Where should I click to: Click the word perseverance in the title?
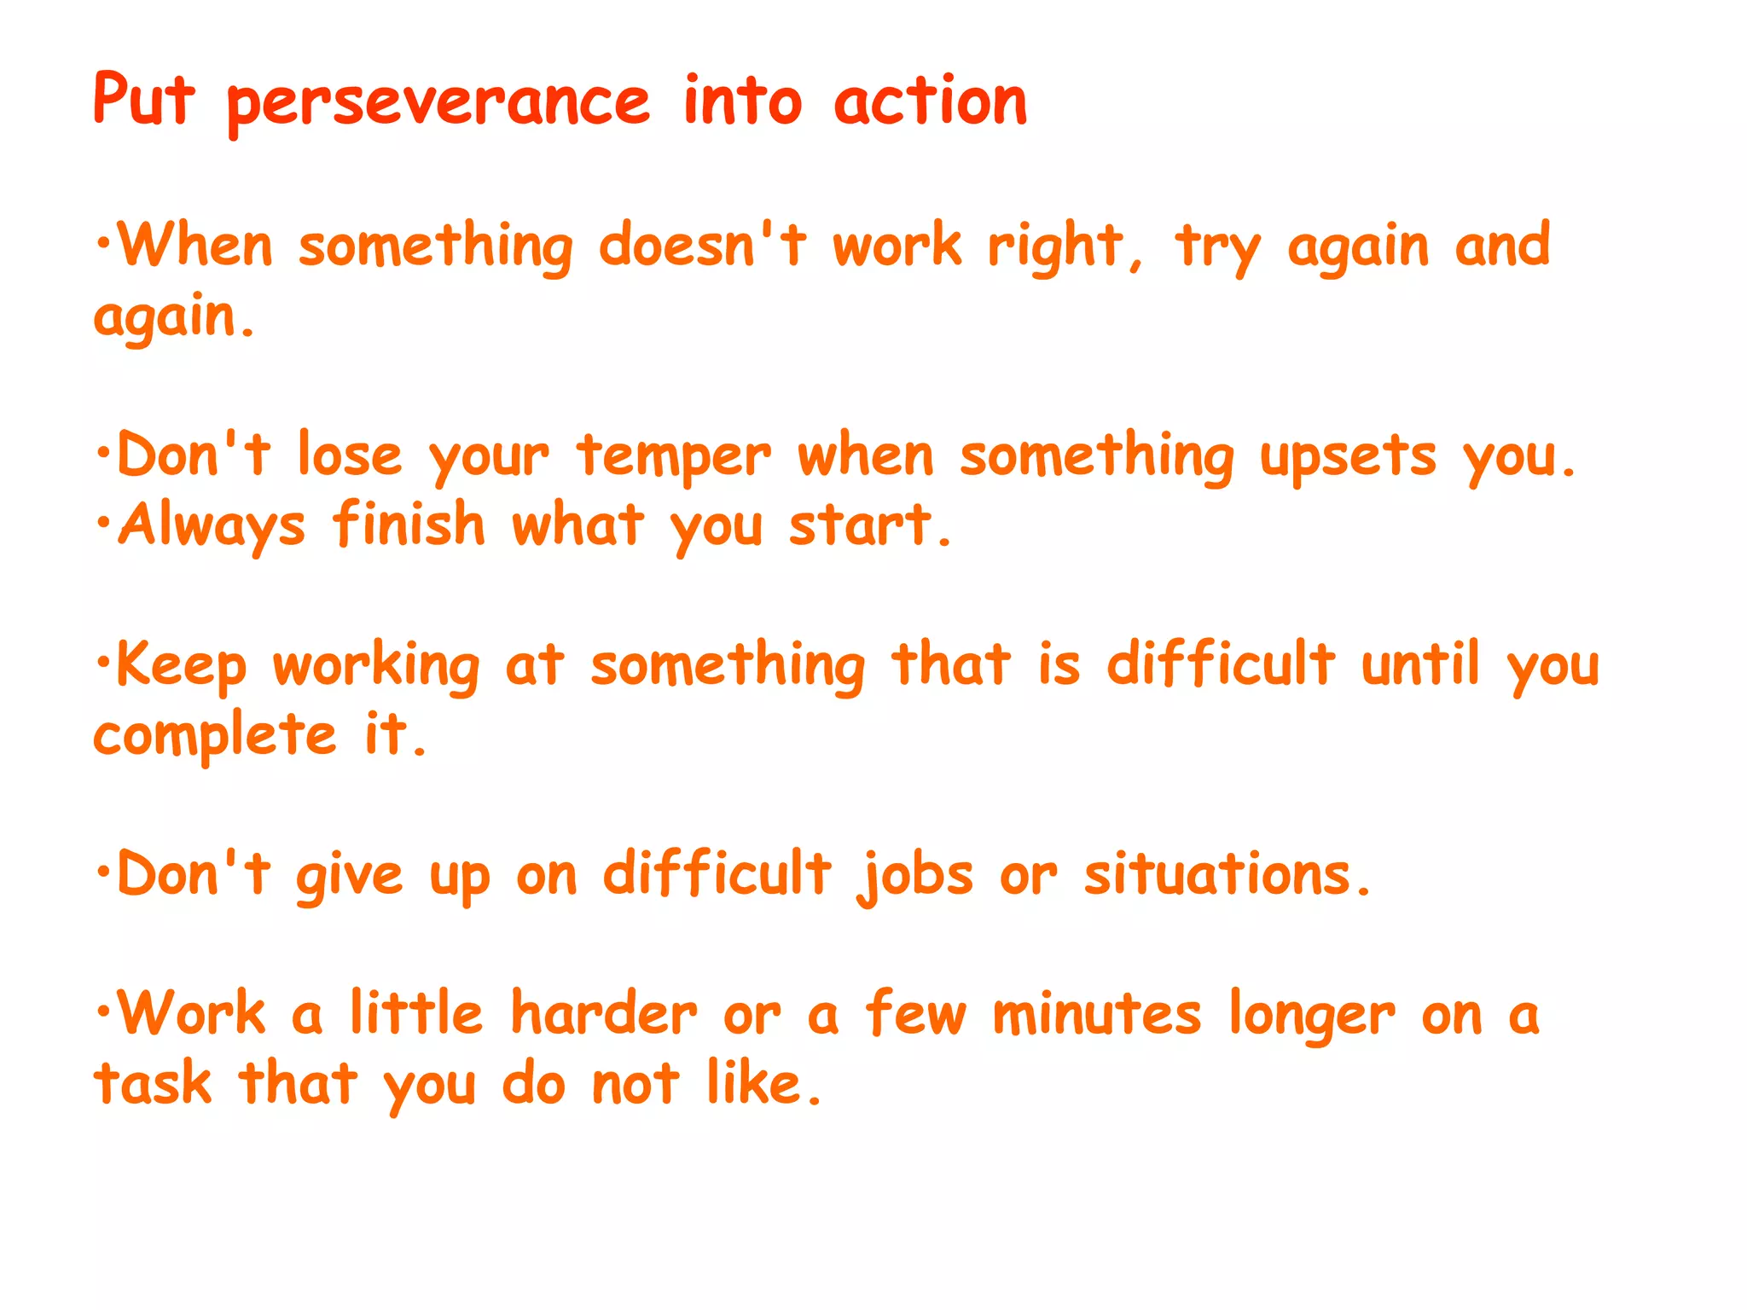[x=438, y=104]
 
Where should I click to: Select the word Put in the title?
[x=144, y=101]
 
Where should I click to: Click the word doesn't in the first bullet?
[x=701, y=246]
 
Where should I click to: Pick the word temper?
[x=674, y=458]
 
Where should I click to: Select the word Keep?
[x=182, y=666]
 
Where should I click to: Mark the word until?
[x=1419, y=664]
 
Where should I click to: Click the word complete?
[x=215, y=737]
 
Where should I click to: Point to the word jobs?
[x=917, y=877]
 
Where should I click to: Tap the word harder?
[x=604, y=1015]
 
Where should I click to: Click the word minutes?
[x=1097, y=1015]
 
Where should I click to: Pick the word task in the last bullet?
[x=153, y=1085]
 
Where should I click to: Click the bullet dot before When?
[x=103, y=243]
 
